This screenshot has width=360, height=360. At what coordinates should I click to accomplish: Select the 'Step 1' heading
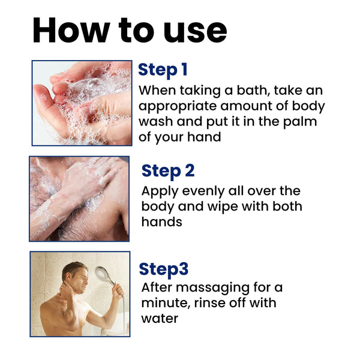coord(163,70)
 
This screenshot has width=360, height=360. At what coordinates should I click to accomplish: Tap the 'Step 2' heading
coord(168,170)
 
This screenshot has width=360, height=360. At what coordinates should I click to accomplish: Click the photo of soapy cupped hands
coord(82,103)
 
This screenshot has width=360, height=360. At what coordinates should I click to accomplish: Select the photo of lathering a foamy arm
coord(79,199)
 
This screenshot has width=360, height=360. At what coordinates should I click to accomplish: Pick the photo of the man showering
coord(79,294)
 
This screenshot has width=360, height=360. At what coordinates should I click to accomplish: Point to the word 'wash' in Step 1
coord(158,122)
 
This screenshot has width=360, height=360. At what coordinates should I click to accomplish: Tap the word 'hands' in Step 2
coord(161,222)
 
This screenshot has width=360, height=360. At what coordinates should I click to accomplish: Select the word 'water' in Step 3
coord(160,318)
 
